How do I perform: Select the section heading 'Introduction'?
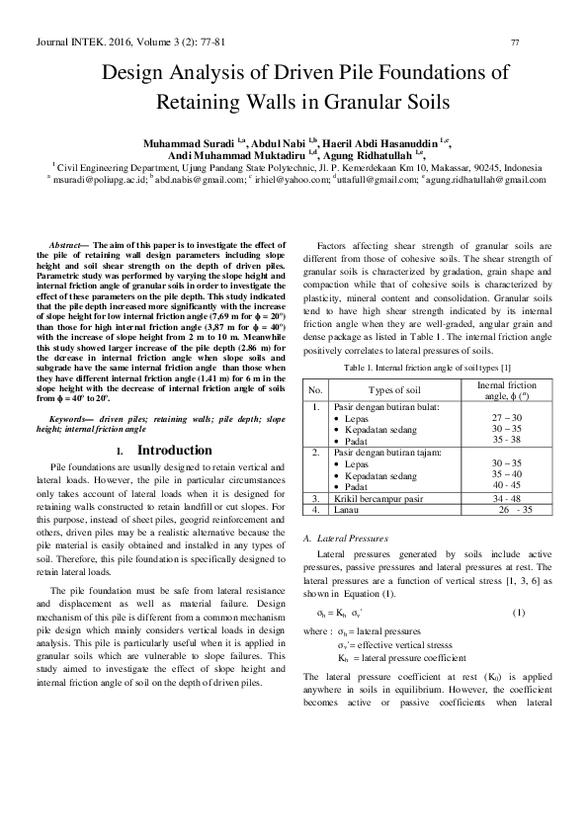click(x=174, y=451)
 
